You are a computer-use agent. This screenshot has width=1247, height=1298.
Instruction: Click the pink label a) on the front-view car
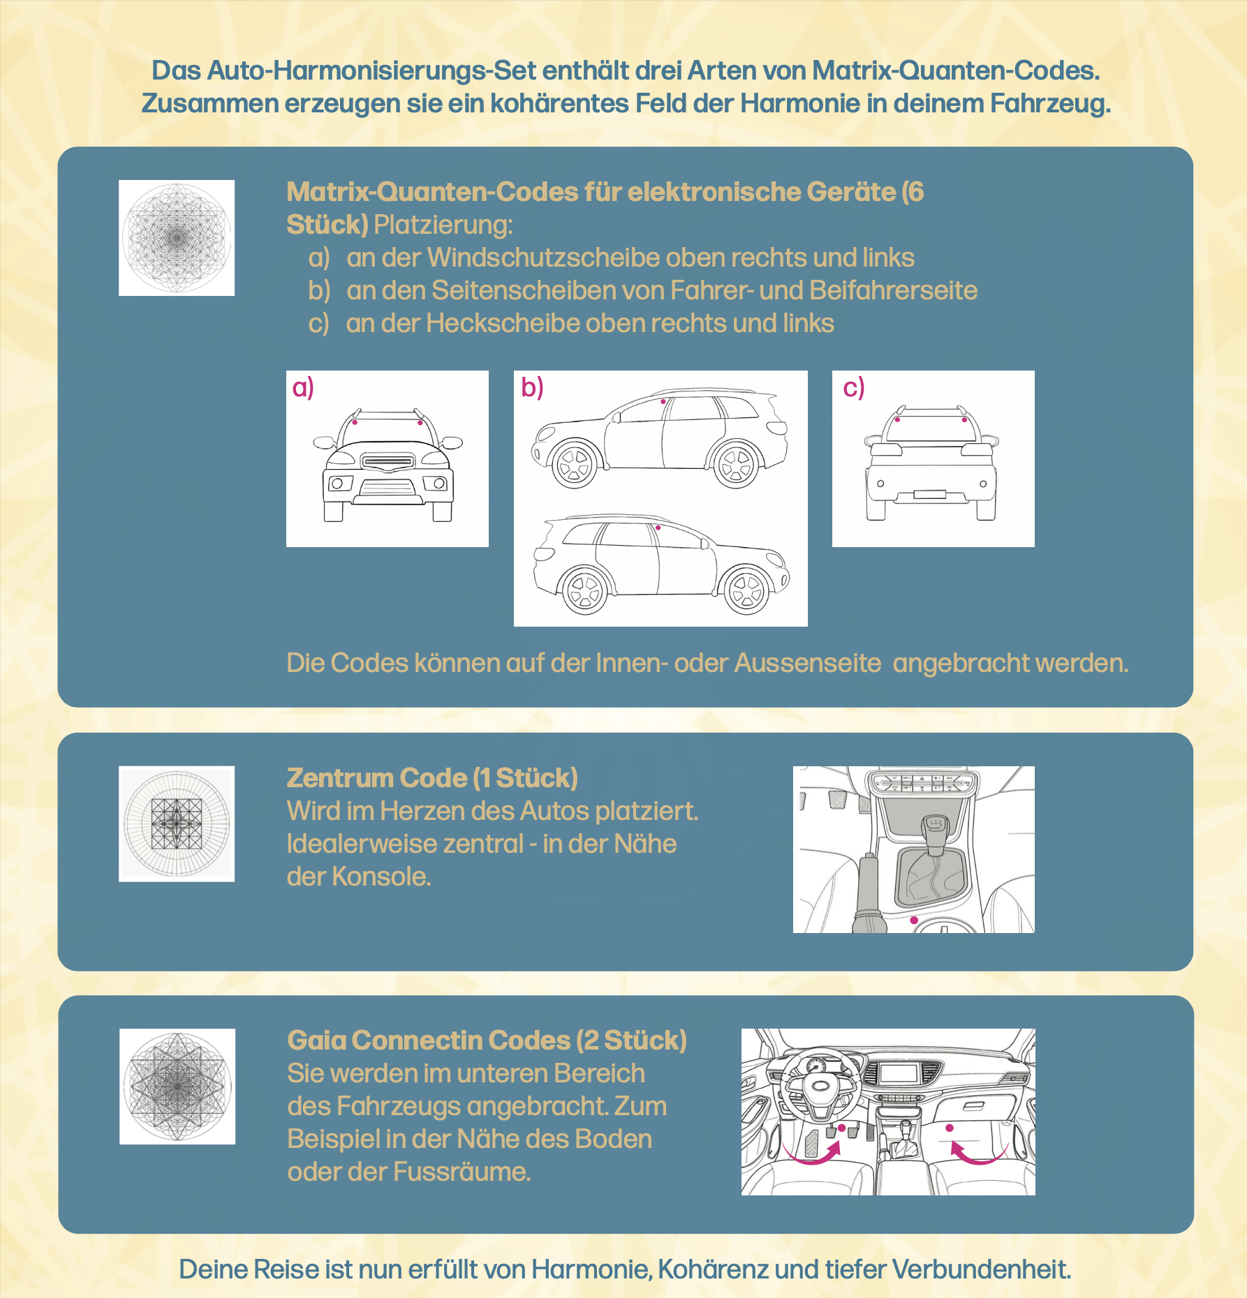(x=303, y=388)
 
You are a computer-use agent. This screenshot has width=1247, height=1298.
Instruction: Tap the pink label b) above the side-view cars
(x=532, y=388)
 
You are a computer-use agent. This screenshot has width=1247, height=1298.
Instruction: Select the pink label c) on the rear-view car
(x=853, y=388)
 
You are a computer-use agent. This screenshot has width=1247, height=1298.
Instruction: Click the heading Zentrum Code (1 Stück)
(x=432, y=778)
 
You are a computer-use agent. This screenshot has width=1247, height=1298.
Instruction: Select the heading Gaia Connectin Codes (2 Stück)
(x=487, y=1040)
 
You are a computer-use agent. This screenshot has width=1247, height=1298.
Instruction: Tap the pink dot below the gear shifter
(x=914, y=920)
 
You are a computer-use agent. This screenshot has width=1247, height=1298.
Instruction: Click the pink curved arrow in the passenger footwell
(x=977, y=1152)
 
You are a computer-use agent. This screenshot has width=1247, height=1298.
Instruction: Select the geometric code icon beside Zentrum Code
(x=177, y=824)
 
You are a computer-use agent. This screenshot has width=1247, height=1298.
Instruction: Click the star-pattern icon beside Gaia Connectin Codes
(x=177, y=1087)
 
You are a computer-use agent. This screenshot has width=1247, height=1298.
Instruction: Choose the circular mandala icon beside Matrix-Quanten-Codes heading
(x=177, y=238)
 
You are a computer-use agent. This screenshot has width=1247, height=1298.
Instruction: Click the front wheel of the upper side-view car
(x=575, y=464)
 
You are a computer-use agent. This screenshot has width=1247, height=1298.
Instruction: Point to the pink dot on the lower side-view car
(x=658, y=528)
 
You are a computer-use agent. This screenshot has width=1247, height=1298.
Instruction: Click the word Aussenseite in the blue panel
(x=807, y=664)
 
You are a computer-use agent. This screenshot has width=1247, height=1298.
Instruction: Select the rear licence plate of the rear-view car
(x=929, y=495)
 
